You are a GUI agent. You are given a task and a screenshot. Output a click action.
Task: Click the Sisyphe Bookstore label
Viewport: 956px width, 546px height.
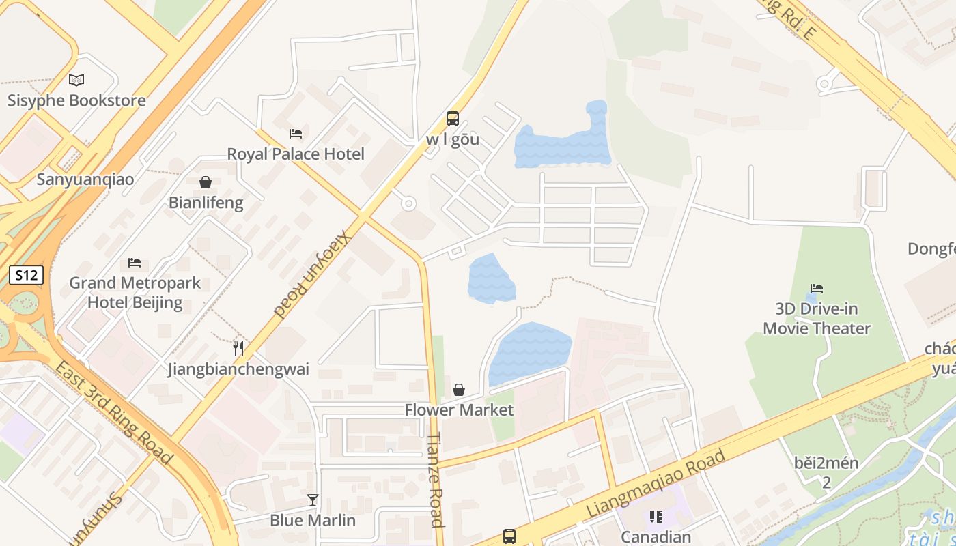(x=76, y=100)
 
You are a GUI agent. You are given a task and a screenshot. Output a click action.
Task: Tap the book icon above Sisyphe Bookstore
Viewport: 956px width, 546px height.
(x=76, y=81)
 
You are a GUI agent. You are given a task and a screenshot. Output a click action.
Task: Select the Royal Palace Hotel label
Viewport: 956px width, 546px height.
(x=296, y=154)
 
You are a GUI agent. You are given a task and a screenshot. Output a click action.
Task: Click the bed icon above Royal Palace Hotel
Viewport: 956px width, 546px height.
(x=296, y=133)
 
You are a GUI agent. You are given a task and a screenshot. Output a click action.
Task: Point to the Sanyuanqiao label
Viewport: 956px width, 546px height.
(x=85, y=179)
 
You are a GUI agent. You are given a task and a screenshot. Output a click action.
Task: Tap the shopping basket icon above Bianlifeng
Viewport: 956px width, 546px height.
(x=205, y=182)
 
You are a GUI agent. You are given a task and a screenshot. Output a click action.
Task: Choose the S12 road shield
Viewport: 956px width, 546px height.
(x=26, y=275)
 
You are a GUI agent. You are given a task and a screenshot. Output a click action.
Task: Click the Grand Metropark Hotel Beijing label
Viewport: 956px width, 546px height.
(x=135, y=293)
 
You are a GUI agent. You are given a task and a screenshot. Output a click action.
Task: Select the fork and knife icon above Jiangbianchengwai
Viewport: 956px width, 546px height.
(x=238, y=349)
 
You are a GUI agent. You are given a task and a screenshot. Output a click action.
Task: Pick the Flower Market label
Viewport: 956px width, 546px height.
(x=459, y=409)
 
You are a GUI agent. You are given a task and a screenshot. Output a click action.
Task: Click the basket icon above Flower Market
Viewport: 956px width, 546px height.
(x=459, y=390)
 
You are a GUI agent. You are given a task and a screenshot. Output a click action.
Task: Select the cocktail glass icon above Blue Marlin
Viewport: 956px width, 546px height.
(x=313, y=500)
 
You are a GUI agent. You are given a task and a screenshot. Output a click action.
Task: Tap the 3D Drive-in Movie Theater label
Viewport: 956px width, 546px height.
(x=817, y=319)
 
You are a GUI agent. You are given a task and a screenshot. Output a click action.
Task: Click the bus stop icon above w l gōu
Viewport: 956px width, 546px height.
(x=452, y=119)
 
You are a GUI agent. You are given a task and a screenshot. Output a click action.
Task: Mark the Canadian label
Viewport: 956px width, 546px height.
(x=656, y=537)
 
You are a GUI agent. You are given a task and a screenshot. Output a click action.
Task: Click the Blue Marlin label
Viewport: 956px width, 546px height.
(x=313, y=520)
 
